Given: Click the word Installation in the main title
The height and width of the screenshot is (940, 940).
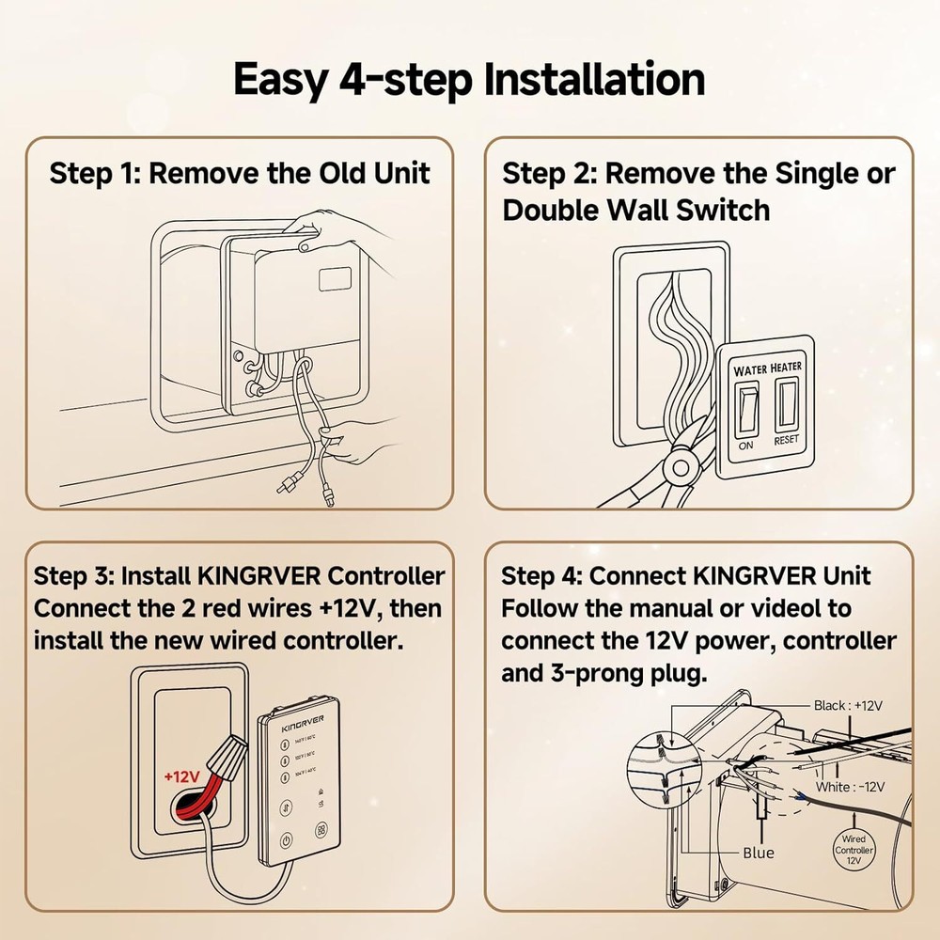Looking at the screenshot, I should (594, 80).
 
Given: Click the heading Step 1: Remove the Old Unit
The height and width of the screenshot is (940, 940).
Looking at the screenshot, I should (240, 174).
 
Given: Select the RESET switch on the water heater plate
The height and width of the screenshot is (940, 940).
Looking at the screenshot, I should (787, 405).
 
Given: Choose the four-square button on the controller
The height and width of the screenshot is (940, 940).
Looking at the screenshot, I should (321, 831).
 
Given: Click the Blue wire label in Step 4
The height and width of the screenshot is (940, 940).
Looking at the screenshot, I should (758, 852).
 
